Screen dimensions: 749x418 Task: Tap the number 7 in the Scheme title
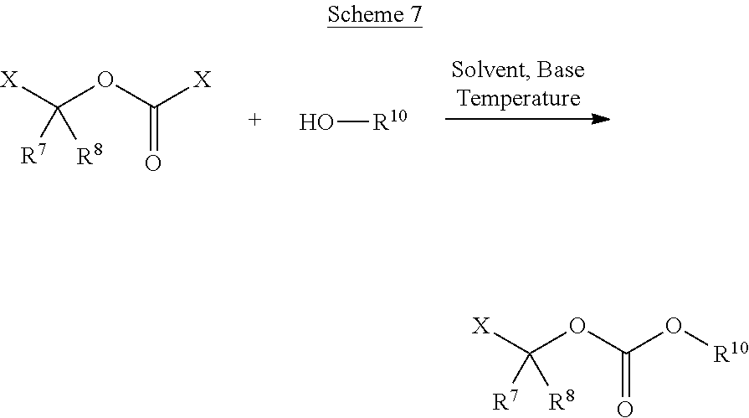coord(417,14)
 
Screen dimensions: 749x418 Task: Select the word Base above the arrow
coord(561,70)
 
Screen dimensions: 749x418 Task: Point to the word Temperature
coord(519,99)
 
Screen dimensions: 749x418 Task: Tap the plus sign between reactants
coord(254,120)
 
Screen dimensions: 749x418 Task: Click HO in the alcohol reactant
coord(316,122)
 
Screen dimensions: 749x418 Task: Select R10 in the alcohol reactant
coord(389,120)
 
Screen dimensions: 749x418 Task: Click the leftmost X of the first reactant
coord(8,80)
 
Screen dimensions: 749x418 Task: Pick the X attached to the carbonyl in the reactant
coord(202,80)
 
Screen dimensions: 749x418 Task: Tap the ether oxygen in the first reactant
coord(105,80)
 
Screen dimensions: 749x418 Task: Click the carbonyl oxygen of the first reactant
coord(153,163)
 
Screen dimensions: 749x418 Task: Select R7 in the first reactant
coord(33,154)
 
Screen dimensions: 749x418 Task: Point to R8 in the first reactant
coord(90,154)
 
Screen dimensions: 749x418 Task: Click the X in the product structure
coord(481,326)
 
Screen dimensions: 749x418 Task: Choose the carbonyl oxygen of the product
coord(625,410)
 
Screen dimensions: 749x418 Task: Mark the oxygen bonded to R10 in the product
coord(674,326)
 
